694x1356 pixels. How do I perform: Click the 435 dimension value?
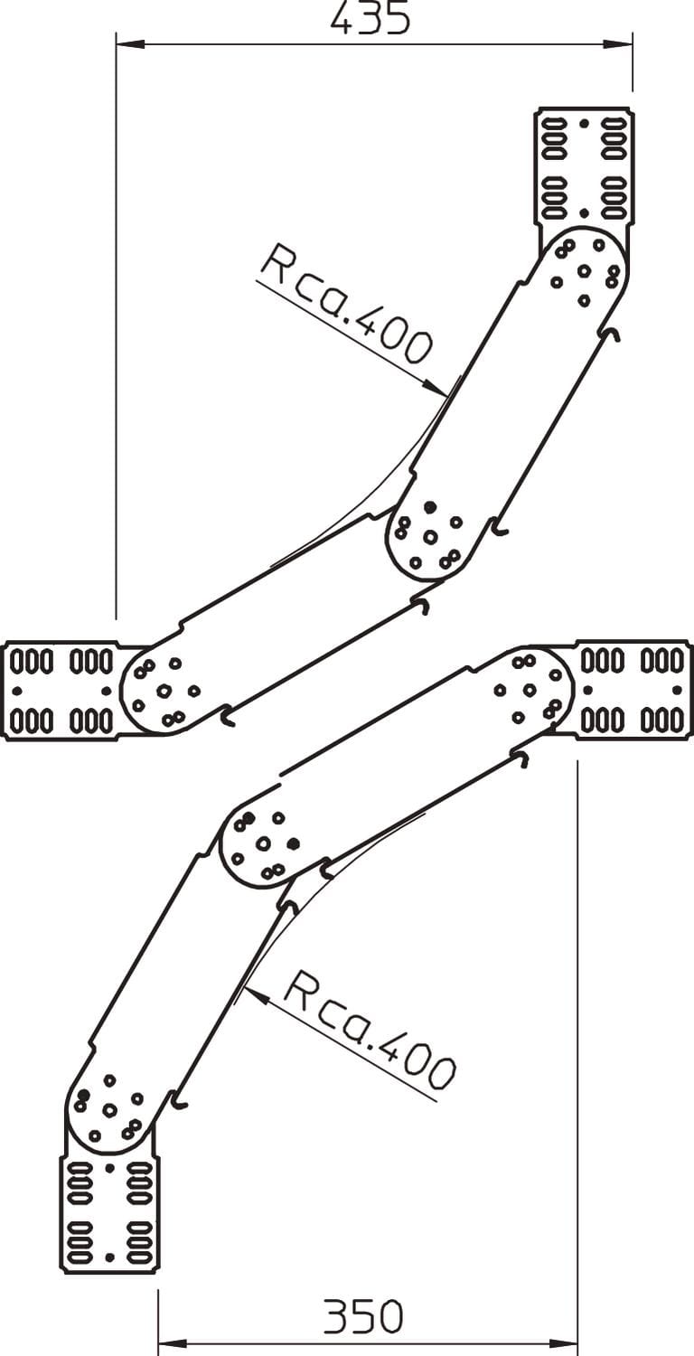click(x=370, y=19)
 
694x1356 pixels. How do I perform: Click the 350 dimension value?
click(x=363, y=1317)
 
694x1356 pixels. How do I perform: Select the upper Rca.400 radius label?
click(x=346, y=304)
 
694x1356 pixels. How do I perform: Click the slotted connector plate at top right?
click(x=584, y=165)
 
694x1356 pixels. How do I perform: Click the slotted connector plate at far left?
click(x=61, y=691)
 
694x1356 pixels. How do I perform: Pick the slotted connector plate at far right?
click(x=633, y=690)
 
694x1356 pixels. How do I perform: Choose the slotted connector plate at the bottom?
click(x=109, y=1212)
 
